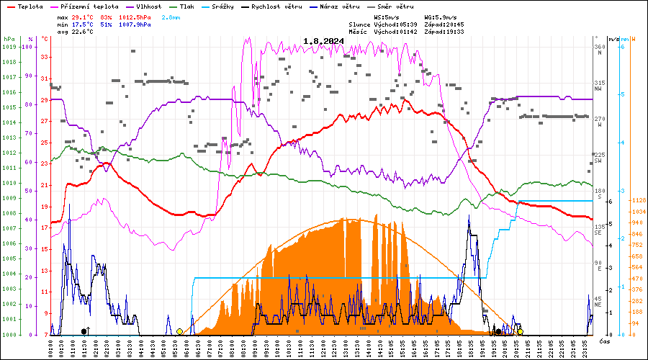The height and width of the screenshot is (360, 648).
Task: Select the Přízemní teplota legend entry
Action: pos(84,6)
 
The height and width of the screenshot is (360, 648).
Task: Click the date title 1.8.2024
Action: pos(323,41)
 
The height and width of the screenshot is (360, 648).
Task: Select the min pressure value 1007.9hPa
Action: pos(135,24)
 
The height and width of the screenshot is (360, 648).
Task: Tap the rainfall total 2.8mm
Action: pos(171,16)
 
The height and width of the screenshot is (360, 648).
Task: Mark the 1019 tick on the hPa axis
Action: pos(9,47)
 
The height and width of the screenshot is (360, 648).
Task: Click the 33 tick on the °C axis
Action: pos(45,57)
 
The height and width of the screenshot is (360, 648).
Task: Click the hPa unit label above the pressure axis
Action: pos(9,38)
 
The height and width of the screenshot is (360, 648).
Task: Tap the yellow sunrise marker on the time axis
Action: pos(179,332)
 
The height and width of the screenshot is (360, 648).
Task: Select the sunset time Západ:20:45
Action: pos(447,24)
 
